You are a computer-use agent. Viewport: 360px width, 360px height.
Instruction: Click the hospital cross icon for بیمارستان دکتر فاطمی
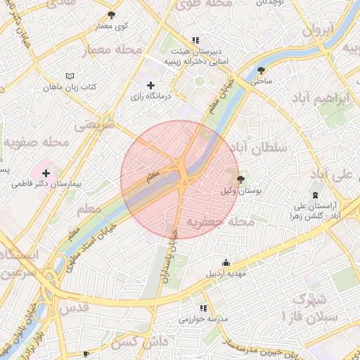click(x=46, y=173)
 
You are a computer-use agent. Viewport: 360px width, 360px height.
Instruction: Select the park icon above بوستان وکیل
click(x=241, y=180)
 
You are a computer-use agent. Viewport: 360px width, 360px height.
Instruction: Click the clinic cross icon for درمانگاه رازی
click(x=150, y=85)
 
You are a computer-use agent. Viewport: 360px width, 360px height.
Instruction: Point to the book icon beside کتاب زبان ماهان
click(x=69, y=75)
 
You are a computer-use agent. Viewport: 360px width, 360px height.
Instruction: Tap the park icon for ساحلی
click(x=262, y=70)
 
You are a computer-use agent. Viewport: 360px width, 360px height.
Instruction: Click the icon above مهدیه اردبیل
click(x=225, y=262)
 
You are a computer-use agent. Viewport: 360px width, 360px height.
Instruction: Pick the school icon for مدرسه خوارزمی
click(x=203, y=308)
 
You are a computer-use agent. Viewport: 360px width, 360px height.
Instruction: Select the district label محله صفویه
click(x=35, y=143)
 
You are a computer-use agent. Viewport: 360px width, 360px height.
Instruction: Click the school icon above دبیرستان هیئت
click(x=195, y=40)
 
